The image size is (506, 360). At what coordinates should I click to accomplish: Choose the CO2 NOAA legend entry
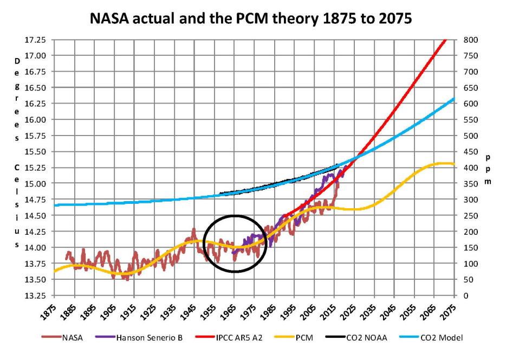364,337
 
